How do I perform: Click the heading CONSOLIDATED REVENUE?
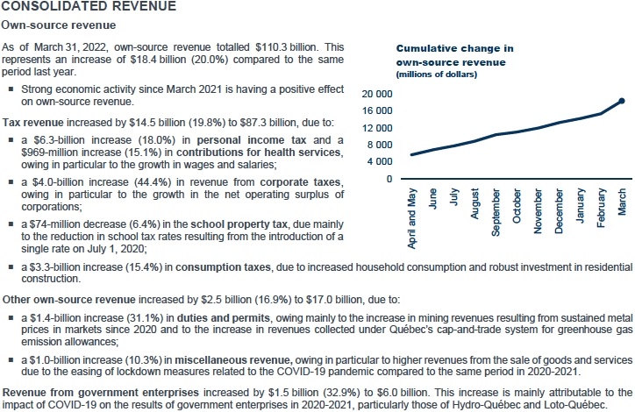click(x=88, y=7)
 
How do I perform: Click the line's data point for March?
click(x=622, y=101)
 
